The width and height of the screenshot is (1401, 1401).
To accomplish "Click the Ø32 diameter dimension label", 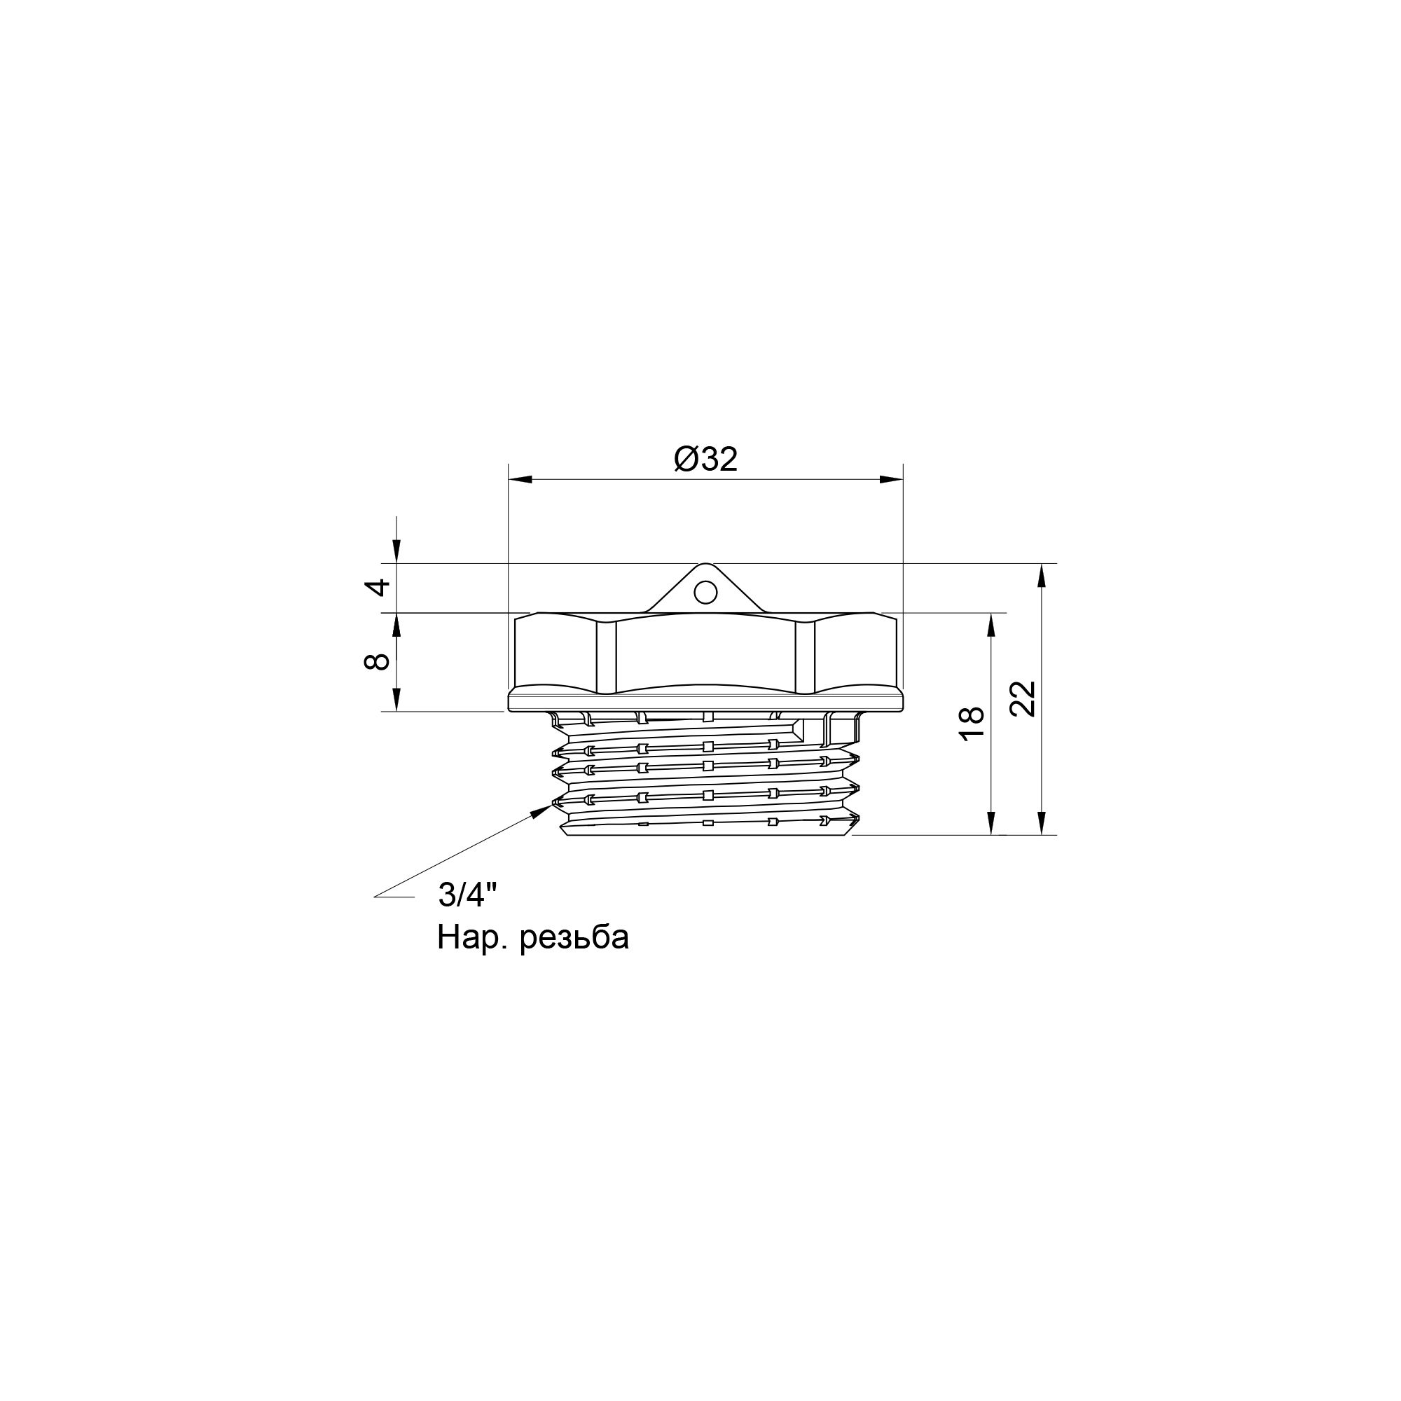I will pyautogui.click(x=705, y=459).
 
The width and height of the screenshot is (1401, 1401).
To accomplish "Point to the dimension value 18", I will pyautogui.click(x=972, y=723).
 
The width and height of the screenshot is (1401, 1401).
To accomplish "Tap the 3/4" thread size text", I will pyautogui.click(x=467, y=897).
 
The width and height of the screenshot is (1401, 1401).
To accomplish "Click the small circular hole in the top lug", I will pyautogui.click(x=705, y=593).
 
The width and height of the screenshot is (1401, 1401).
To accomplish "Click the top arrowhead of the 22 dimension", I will pyautogui.click(x=1042, y=574).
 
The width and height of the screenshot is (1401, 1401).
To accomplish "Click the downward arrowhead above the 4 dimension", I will pyautogui.click(x=396, y=552).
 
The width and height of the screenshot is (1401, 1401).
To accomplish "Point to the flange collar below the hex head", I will pyautogui.click(x=705, y=700).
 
